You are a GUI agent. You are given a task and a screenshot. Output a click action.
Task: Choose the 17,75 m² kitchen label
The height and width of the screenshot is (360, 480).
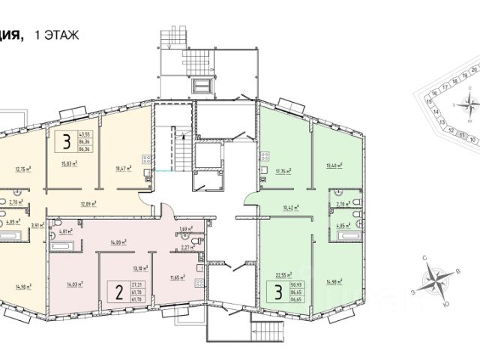click(282, 171)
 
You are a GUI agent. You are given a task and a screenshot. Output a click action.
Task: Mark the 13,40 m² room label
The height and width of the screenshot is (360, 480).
click(335, 166)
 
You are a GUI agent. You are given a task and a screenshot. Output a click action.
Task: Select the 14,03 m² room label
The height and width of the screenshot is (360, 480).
click(73, 283)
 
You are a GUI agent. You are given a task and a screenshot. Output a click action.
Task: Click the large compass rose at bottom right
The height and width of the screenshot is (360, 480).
click(434, 282)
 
